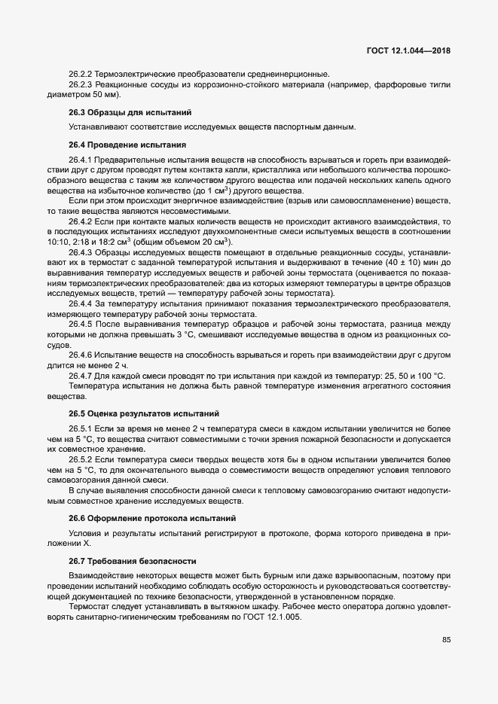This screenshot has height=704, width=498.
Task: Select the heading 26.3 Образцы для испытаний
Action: click(113, 112)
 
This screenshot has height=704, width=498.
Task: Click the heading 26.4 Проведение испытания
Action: click(117, 144)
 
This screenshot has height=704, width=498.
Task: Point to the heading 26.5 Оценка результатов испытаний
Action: click(129, 413)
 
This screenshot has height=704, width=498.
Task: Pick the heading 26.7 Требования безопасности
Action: click(121, 561)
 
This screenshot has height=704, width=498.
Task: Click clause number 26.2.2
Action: click(80, 74)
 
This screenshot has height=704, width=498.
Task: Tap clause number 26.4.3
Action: click(80, 251)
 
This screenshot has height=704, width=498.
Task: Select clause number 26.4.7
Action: click(80, 376)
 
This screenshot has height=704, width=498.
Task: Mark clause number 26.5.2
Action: click(80, 458)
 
